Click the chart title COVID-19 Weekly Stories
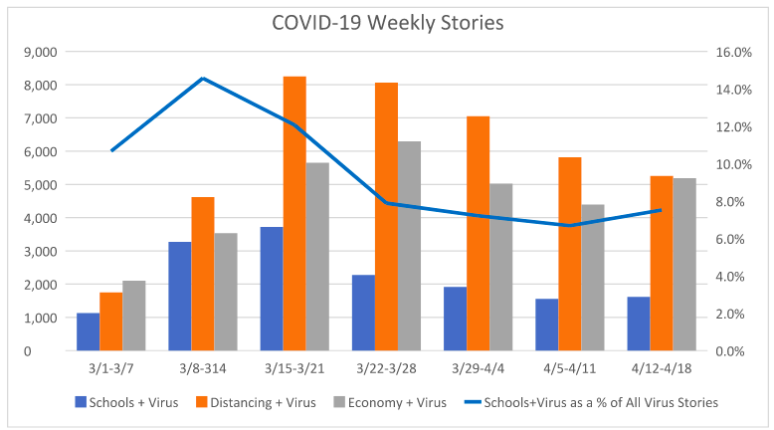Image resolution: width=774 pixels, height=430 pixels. tap(386, 22)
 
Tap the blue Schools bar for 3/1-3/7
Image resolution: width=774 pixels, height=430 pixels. tap(89, 331)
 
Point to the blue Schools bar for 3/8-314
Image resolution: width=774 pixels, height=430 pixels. tap(180, 296)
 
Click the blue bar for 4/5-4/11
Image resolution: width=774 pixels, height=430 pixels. tap(546, 324)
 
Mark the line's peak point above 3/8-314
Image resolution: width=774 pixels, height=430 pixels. tap(203, 78)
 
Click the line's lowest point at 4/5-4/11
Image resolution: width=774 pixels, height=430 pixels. tap(569, 225)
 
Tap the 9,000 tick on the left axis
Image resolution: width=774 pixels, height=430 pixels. tap(40, 52)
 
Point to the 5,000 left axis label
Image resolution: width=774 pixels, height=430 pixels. tap(40, 185)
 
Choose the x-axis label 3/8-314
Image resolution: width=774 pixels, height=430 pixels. tap(203, 368)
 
